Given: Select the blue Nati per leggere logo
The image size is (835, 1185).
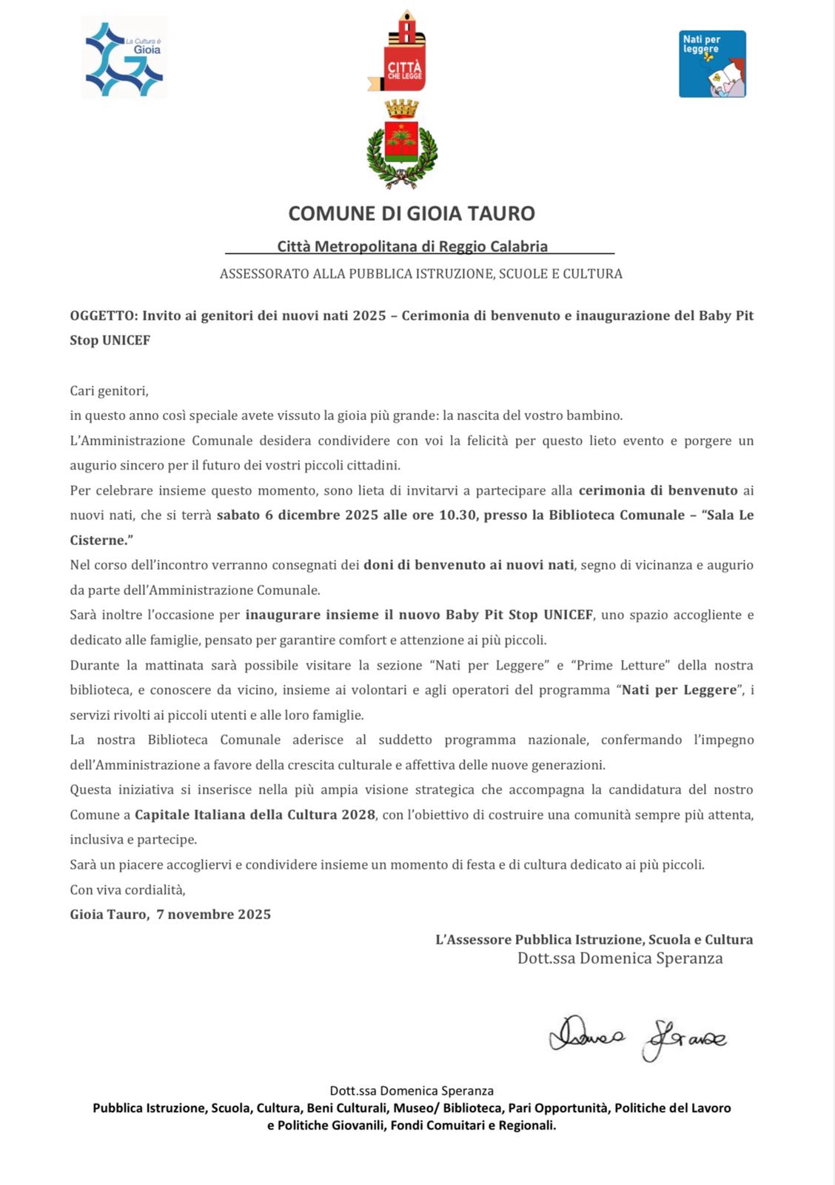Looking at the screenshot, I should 712,64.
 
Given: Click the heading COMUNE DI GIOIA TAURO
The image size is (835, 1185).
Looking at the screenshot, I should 412,213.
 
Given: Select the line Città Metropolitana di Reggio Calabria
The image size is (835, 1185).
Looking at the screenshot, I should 412,247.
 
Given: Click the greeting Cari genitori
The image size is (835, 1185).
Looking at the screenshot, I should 109,390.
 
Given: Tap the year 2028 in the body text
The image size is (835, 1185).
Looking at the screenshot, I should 358,815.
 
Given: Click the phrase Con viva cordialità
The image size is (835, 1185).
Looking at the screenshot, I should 127,889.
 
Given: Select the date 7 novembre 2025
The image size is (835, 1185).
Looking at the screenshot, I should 214,915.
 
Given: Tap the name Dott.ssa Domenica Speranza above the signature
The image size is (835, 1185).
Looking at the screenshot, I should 620,958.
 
